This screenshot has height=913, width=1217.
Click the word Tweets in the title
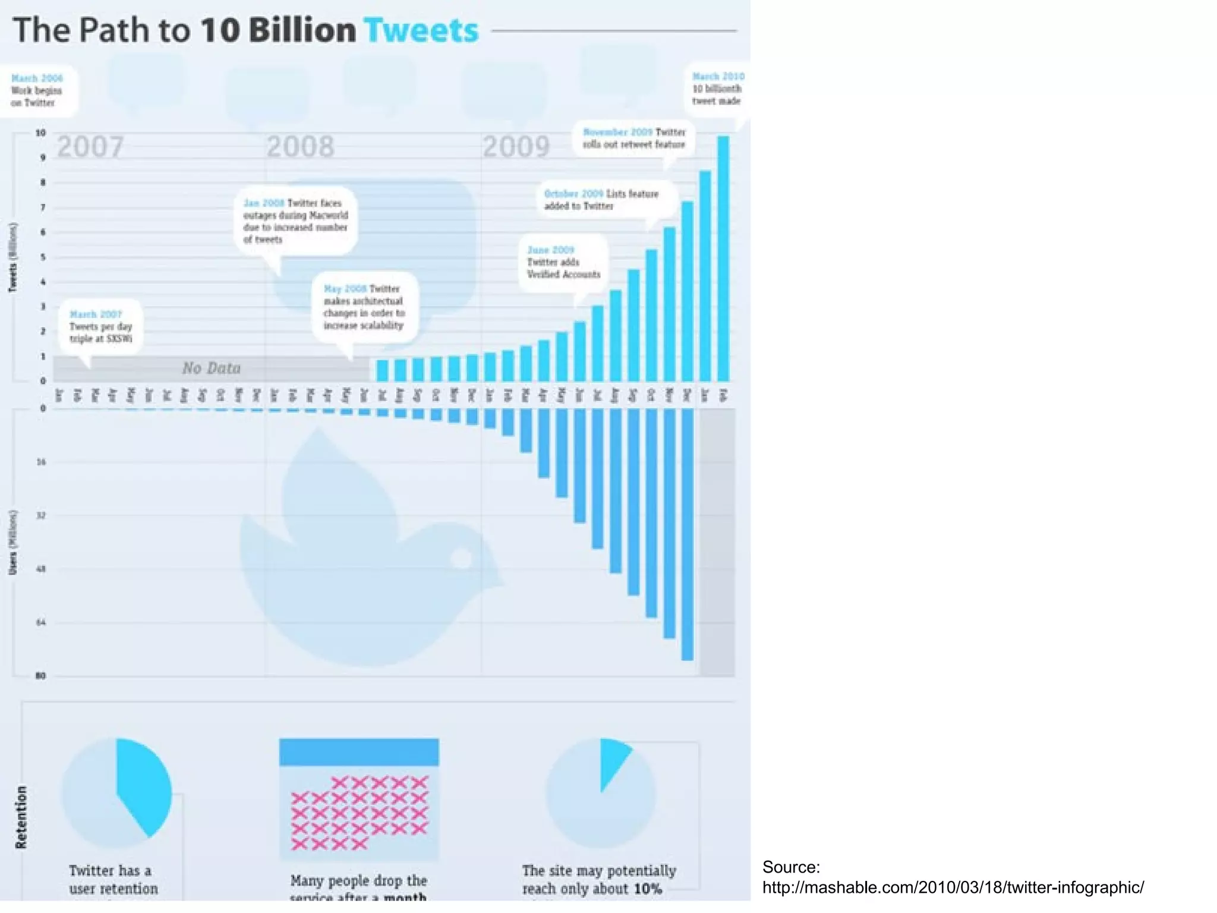coord(421,30)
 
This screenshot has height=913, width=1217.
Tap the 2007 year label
coord(90,147)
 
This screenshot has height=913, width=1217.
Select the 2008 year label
coord(300,147)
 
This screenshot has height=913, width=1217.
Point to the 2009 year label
coord(516,147)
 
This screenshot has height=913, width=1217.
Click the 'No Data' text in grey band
coord(211,369)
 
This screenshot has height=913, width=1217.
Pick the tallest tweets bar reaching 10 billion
coord(723,259)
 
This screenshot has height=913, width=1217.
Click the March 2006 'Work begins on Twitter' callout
coord(37,90)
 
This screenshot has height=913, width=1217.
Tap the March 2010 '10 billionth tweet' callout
coord(717,89)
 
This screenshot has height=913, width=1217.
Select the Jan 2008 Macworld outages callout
coord(295,221)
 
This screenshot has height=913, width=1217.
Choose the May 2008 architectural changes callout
coord(364,307)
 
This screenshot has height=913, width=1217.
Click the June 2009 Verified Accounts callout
coord(563,262)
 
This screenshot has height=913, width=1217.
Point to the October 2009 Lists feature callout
coord(601,200)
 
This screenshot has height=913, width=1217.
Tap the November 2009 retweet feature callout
coord(633,138)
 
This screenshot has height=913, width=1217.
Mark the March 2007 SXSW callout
coord(100,326)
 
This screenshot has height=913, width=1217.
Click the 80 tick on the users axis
coord(40,676)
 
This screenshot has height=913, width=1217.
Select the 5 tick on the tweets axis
coord(43,257)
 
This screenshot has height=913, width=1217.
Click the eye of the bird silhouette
coord(462,558)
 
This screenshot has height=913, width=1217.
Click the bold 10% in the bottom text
coord(647,889)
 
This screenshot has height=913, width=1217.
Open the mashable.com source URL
coord(953,887)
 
